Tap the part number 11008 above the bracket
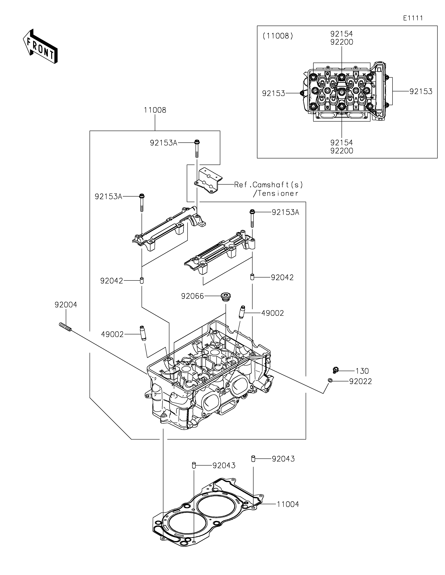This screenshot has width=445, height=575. coord(155,110)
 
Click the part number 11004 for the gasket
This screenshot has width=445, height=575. coord(288,504)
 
